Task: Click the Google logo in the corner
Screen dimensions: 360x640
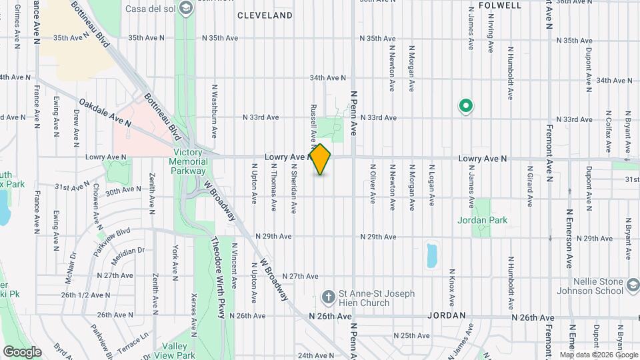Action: [x=22, y=351]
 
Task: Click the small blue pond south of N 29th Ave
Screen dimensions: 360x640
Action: [x=432, y=255]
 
